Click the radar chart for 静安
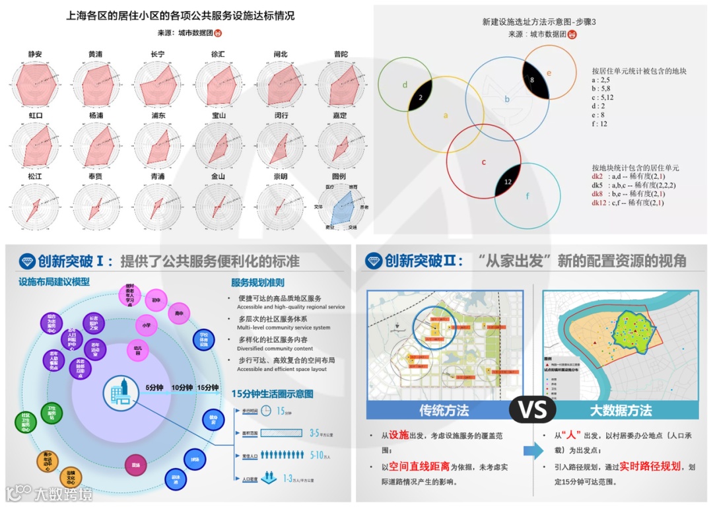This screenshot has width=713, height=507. coord(35,85)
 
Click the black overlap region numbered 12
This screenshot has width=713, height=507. coord(508,181)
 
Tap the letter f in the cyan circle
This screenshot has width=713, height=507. coord(527,196)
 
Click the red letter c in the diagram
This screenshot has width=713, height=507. coord(483,162)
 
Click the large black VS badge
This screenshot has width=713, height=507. coord(532,410)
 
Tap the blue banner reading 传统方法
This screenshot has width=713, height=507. coord(444,410)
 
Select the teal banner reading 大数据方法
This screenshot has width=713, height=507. coord(621,410)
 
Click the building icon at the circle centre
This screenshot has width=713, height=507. coord(121,392)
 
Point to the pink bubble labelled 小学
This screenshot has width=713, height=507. coord(146,325)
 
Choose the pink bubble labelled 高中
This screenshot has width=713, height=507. coord(178,312)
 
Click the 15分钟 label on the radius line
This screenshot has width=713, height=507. coord(207,388)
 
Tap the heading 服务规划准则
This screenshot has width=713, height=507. coord(257,283)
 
